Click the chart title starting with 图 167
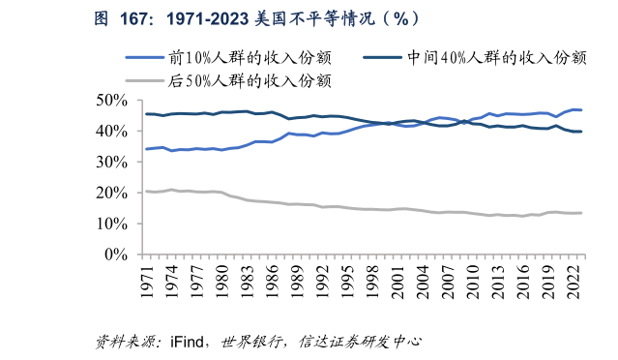(x=257, y=18)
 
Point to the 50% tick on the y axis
(x=113, y=100)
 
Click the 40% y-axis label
(x=113, y=131)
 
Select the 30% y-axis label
(x=113, y=162)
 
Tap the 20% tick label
(x=113, y=193)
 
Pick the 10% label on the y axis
(x=113, y=224)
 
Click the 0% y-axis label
(x=118, y=255)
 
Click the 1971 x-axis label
(x=147, y=282)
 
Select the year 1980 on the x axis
(x=223, y=282)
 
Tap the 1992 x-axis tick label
(x=325, y=282)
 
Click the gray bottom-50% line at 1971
(x=146, y=192)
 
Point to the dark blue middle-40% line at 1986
(x=273, y=113)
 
